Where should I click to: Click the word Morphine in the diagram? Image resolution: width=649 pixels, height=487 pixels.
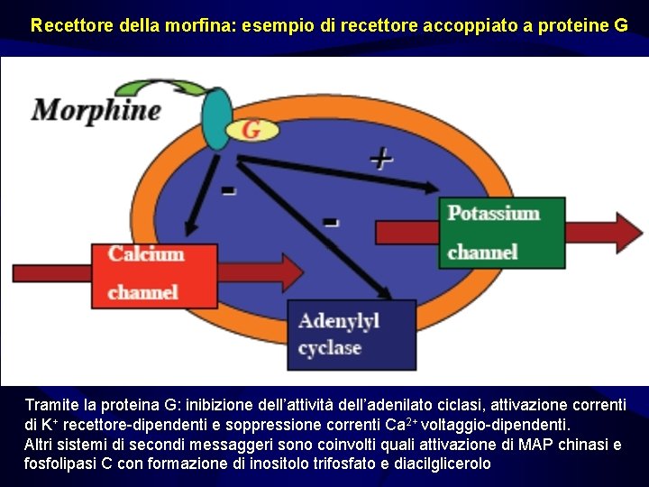coord(96,111)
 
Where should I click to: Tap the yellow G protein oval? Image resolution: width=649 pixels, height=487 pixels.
coord(251,130)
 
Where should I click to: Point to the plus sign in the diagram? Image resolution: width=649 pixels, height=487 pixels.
coord(381,159)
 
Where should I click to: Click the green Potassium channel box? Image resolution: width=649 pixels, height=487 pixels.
coord(506,232)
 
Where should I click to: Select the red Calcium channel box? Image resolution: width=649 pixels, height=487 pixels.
coord(147,272)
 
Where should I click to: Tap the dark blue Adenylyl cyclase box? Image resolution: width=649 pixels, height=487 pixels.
coord(352,335)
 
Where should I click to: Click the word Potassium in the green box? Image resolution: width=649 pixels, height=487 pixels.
coord(494,214)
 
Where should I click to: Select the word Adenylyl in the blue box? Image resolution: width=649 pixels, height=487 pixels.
coord(338,321)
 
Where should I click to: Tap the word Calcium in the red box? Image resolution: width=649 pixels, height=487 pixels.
coord(146,253)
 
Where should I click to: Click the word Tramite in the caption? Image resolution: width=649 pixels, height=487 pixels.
coord(50,405)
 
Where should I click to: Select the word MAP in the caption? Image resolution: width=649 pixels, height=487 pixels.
coord(526,445)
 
